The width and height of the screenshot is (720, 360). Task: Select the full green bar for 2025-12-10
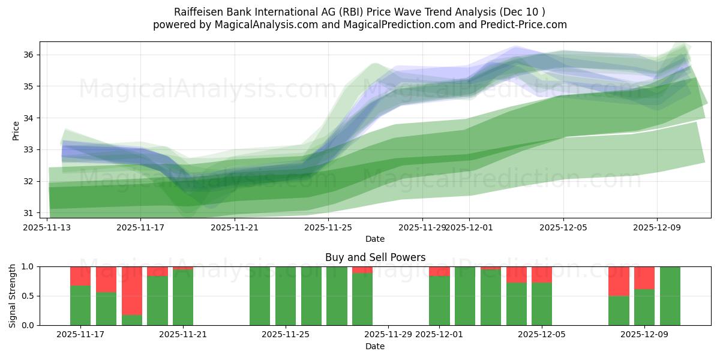tap(670, 296)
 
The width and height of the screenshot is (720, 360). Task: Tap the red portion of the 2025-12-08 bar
tap(619, 281)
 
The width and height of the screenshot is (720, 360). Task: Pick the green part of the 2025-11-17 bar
tap(80, 305)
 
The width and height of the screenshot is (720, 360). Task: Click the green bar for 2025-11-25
tap(286, 296)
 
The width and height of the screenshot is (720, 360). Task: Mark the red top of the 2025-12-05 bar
tap(542, 274)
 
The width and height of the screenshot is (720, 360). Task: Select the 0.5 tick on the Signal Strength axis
tap(29, 296)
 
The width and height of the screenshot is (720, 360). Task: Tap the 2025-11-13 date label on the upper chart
tap(47, 227)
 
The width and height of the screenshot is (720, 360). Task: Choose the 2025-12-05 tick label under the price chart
tap(563, 227)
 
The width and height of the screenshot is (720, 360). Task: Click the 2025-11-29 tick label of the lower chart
tap(388, 335)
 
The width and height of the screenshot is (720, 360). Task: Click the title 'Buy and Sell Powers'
tap(375, 257)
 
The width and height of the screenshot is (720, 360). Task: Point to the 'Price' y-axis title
tap(16, 130)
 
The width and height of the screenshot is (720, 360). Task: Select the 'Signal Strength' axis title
tap(13, 296)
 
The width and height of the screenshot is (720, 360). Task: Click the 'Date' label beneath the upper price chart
tap(375, 239)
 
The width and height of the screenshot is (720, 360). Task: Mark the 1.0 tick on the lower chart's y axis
tap(29, 266)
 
